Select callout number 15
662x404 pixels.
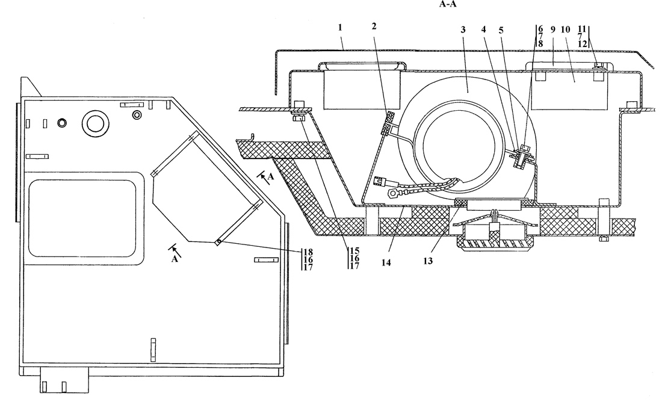353,250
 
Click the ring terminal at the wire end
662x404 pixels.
394,194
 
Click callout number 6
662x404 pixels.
540,28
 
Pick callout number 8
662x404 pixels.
540,44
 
